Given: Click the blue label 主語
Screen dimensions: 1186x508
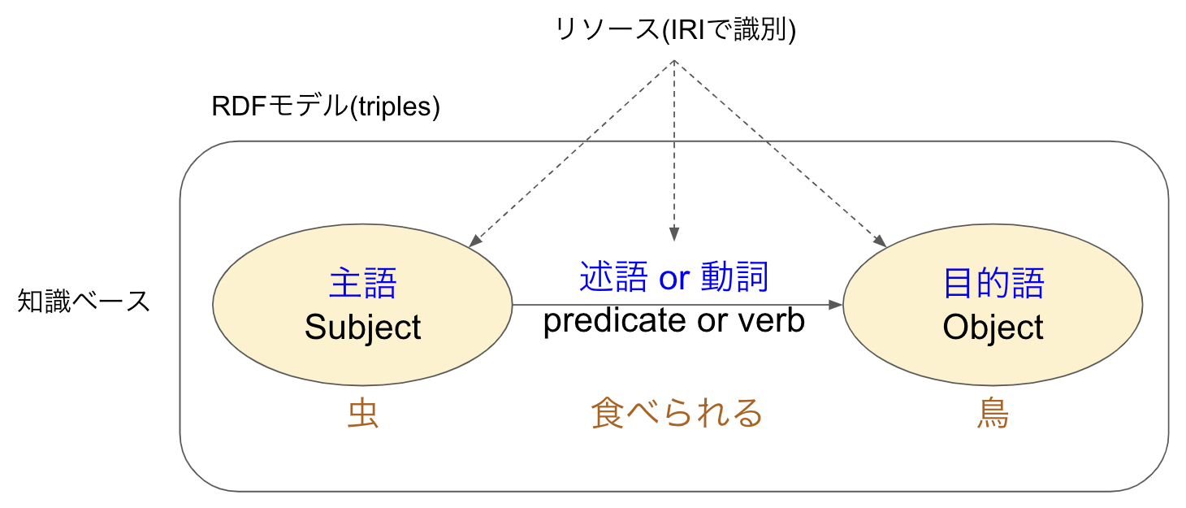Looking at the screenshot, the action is pos(362,283).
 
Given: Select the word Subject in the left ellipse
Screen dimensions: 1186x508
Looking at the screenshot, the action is pos(362,328).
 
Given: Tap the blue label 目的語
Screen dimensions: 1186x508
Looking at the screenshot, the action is pos(993,283).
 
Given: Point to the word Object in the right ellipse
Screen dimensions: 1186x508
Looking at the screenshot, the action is pos(993,328).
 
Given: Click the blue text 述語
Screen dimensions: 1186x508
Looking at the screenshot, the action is pos(613,276).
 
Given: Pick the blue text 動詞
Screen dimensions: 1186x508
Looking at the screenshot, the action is pos(734,276).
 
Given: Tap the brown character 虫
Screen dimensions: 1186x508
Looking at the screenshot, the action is pos(362,413).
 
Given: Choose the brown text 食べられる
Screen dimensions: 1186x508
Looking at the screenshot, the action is pos(677,413).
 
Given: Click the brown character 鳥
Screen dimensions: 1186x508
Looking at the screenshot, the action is pos(993,413).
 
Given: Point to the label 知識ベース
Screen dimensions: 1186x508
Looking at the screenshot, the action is pos(84,301).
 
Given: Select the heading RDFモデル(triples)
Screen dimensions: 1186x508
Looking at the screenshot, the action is pos(326,106).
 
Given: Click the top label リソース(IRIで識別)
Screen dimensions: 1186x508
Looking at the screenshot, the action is pos(675,29).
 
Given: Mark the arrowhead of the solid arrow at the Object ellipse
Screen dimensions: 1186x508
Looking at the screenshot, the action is pos(836,305).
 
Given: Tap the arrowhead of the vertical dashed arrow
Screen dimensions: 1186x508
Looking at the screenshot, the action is pos(674,234).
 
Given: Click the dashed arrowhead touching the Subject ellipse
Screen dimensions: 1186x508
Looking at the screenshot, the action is pos(475,241).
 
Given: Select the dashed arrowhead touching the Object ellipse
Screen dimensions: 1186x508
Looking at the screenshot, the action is pos(880,241).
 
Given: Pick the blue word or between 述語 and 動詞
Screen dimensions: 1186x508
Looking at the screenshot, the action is pos(674,279).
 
